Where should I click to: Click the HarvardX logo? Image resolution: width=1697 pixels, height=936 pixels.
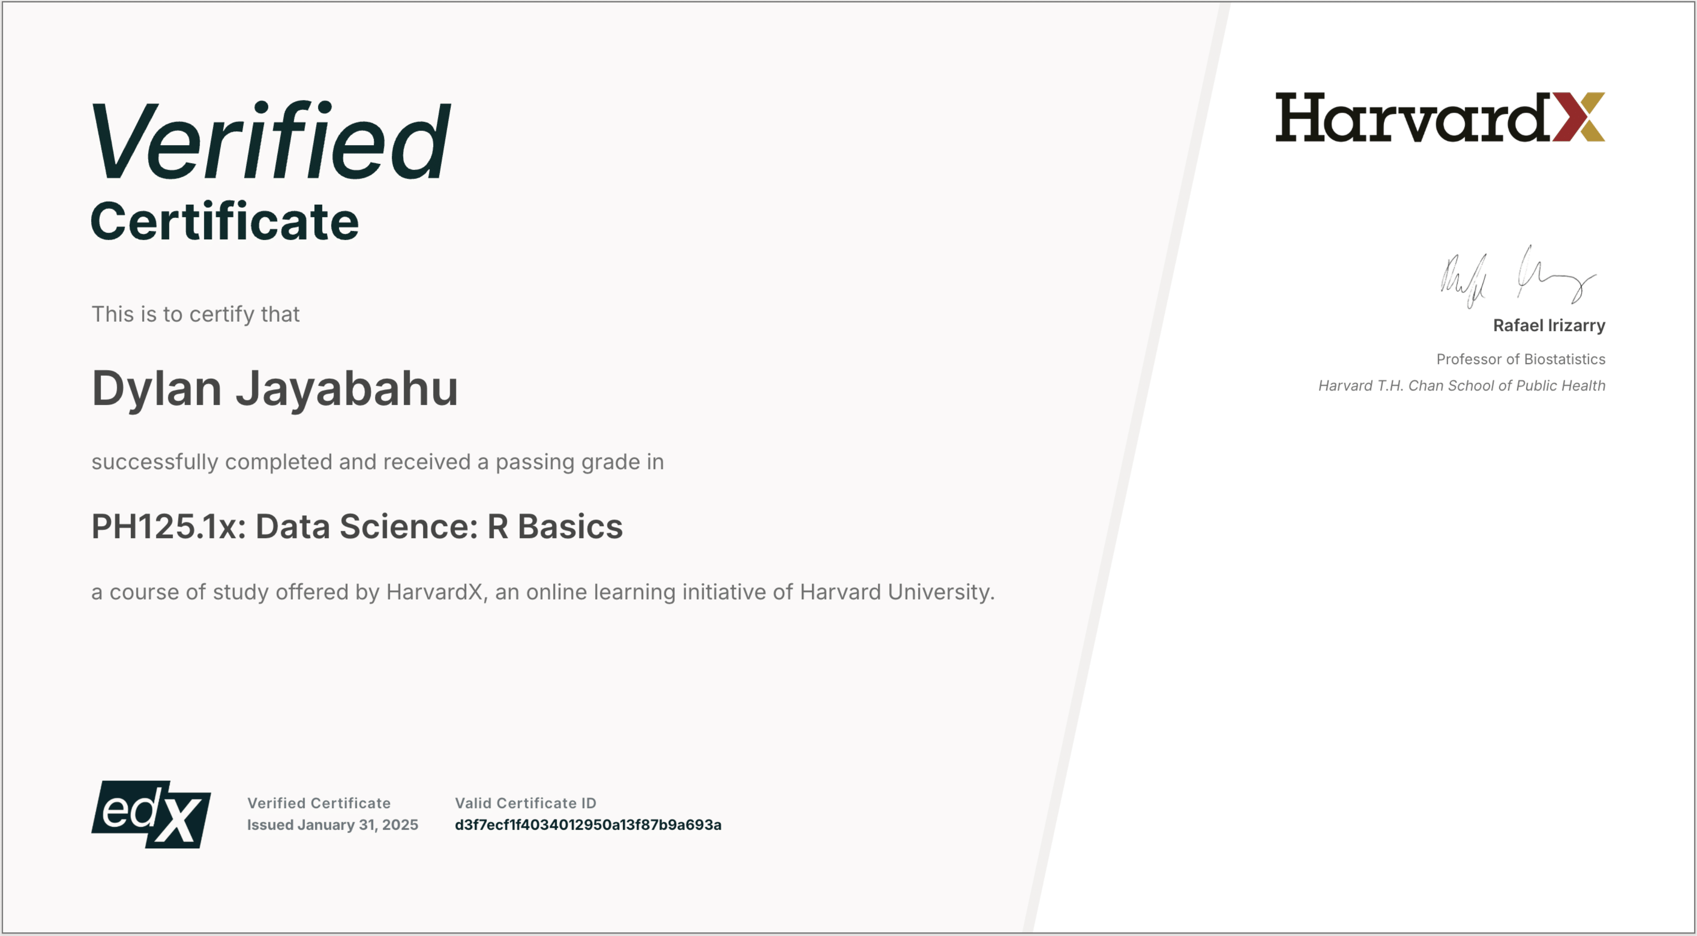1440,117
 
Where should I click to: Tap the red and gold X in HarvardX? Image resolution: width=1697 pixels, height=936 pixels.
1579,117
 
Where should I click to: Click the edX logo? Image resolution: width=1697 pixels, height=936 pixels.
151,814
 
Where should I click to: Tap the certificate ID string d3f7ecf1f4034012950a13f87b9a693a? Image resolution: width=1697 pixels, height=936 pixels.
588,825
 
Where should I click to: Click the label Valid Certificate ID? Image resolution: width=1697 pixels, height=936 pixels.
525,803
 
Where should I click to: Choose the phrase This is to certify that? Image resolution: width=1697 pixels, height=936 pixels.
195,314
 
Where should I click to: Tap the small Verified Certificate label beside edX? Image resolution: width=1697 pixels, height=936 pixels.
319,803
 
